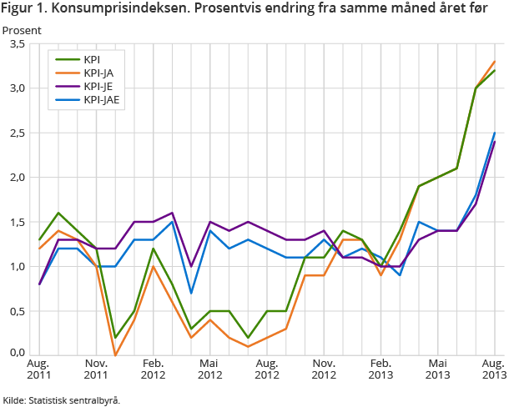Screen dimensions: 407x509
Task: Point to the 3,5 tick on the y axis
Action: point(17,44)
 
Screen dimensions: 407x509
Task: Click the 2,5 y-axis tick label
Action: point(17,133)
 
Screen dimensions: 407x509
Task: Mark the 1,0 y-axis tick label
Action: point(17,267)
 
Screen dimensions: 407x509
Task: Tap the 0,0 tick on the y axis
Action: point(17,354)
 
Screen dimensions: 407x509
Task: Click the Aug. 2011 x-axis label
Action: point(39,369)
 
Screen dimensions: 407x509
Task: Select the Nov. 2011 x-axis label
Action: point(96,369)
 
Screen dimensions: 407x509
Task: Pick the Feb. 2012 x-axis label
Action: point(153,369)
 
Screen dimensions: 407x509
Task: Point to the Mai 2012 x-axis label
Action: point(209,369)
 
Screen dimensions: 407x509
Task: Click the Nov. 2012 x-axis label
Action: point(323,369)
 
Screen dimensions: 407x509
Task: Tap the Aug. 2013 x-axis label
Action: point(493,369)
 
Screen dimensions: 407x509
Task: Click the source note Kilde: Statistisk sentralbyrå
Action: point(61,399)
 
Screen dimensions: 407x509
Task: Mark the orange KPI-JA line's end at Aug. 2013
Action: point(495,62)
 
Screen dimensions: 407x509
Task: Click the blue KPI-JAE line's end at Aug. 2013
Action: point(495,133)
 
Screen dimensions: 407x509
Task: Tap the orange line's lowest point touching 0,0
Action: point(116,356)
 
